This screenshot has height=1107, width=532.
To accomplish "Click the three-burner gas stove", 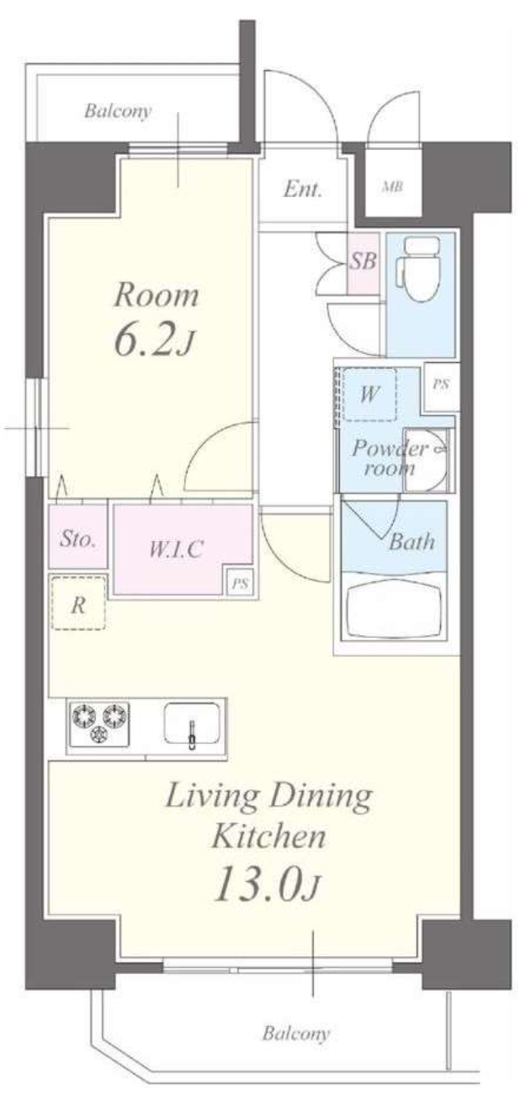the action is (99, 724).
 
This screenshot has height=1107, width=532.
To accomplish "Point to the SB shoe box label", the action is (363, 261).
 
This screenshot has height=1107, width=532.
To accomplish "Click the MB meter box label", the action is (392, 187).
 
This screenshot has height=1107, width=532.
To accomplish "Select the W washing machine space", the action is (370, 394).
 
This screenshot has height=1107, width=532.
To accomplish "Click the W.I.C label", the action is (176, 549).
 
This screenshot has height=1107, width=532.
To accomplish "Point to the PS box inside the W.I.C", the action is (240, 583).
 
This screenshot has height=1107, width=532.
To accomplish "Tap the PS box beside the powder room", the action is (441, 385).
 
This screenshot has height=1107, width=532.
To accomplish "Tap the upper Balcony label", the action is (117, 110).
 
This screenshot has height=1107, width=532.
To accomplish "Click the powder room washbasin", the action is (426, 461).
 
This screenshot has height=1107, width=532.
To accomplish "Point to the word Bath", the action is (412, 542).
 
